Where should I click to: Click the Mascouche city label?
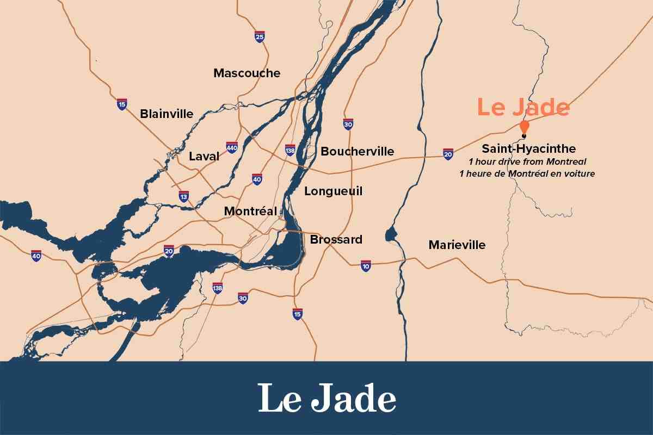point(247,73)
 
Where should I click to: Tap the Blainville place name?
point(167,114)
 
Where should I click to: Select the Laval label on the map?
point(204,157)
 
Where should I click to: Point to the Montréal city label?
point(250,211)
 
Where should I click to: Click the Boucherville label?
point(357,152)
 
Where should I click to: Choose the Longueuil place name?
point(333,191)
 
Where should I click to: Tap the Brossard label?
point(336,240)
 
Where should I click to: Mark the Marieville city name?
point(457,245)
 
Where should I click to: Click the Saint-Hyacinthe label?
point(528,149)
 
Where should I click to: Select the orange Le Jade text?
point(523,107)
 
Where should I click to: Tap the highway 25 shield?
point(260,37)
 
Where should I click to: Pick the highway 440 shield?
point(232,147)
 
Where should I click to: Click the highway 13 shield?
point(184,196)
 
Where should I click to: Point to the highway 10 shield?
point(366,265)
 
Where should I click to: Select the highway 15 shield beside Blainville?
point(122,104)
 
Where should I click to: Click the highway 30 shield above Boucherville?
point(348,124)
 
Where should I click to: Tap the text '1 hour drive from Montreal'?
point(527,162)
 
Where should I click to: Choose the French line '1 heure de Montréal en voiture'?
point(527,174)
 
